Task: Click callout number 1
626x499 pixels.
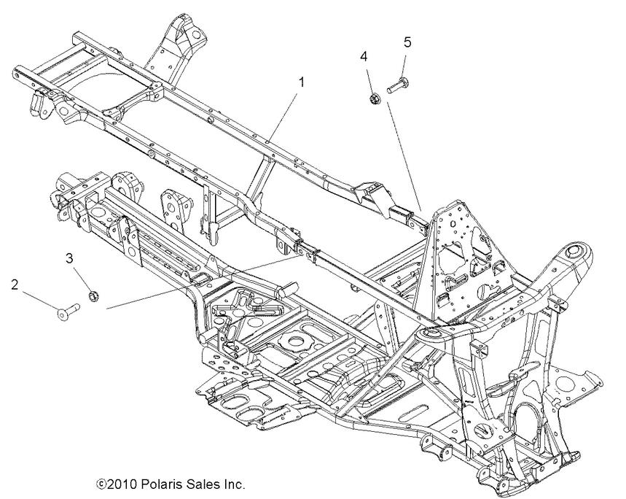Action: pos(301,82)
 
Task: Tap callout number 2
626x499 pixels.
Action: pos(14,283)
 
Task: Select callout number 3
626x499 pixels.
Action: pos(70,258)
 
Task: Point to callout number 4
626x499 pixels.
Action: pos(364,55)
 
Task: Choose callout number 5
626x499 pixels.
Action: pos(407,42)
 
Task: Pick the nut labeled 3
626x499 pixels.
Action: pos(93,295)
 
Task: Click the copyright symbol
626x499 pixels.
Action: pos(101,484)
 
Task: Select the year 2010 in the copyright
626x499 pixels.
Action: pos(120,484)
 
